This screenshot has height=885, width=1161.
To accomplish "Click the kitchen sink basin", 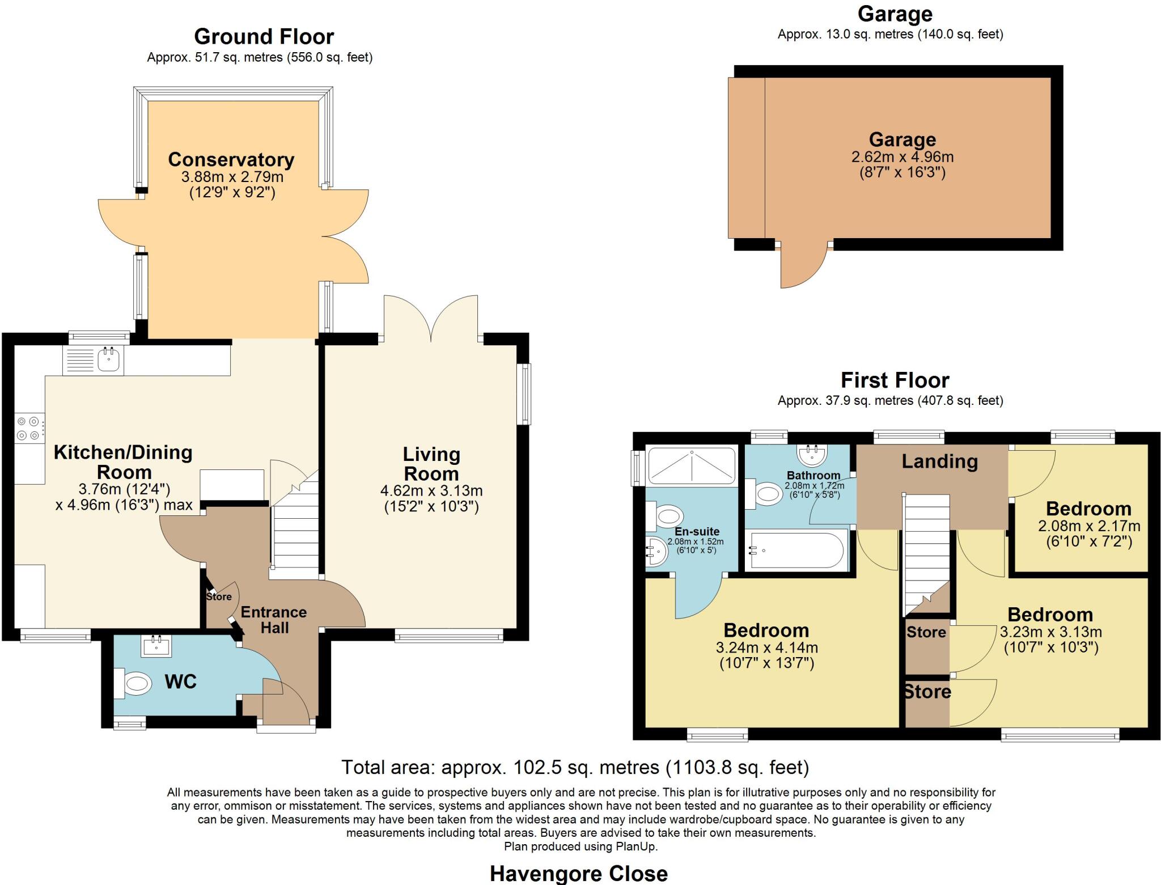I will tap(108, 359).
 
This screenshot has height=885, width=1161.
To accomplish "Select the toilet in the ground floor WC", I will tap(135, 683).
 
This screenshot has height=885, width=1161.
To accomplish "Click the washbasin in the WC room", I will tap(156, 646).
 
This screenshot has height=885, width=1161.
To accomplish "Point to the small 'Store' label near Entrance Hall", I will tap(219, 596).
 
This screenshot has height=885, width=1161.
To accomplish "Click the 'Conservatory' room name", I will tap(231, 160).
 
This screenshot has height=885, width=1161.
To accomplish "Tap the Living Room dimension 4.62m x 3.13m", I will tap(431, 490).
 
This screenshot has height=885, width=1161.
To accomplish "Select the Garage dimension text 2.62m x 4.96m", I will tap(902, 157).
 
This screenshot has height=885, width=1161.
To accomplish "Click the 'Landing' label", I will tap(940, 461).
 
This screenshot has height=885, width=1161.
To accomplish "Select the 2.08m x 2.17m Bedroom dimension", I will tap(1089, 526).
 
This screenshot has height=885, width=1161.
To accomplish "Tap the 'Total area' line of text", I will tap(575, 767).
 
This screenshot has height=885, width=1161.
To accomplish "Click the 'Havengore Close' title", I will tap(579, 873).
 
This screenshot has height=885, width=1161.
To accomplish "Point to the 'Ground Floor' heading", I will tap(264, 37).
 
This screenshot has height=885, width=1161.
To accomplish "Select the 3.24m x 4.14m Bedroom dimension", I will tap(766, 647).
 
